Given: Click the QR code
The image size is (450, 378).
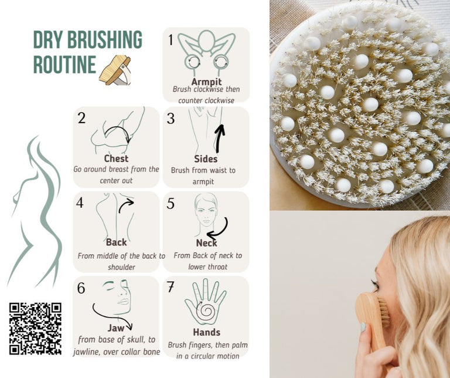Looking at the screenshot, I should point(35,328).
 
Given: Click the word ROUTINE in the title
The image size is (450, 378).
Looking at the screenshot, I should point(64,64).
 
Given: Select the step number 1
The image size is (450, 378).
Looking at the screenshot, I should point(171,40).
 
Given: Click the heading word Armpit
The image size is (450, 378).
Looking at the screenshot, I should point(206,82).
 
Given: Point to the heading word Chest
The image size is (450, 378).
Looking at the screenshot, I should point(116,158).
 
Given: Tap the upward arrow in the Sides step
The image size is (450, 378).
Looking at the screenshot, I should point(220,138).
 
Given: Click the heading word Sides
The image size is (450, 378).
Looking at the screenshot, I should point(206,159).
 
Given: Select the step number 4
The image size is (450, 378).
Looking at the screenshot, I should point(80,203).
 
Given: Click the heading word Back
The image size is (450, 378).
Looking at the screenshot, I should point(116,242).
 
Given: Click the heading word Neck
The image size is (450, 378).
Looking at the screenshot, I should point(206,242).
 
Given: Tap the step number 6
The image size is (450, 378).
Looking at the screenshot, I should point(81,288).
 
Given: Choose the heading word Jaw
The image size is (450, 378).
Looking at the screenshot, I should point(116,328).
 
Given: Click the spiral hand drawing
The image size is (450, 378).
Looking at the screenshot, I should point(205,301).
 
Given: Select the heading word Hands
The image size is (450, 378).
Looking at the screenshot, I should point(206,332).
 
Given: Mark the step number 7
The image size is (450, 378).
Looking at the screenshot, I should point(171,287).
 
